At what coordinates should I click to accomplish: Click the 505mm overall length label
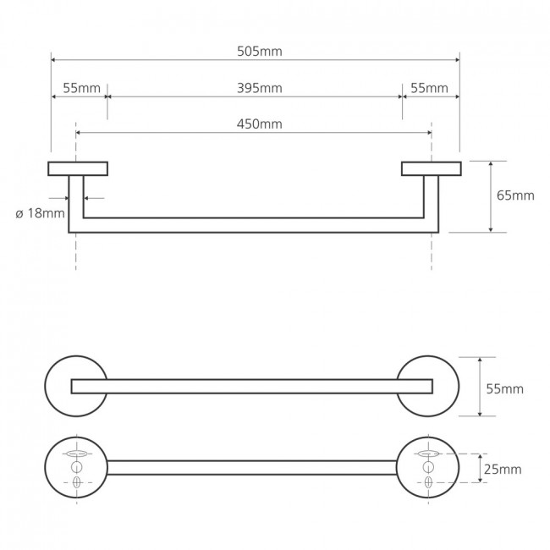[x=260, y=52]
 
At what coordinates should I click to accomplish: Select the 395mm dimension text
[x=260, y=88]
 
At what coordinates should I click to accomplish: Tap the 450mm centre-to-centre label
[x=260, y=124]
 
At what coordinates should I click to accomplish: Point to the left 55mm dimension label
[x=82, y=88]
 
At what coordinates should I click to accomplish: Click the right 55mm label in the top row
[x=429, y=88]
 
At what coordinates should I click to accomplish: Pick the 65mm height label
[x=515, y=195]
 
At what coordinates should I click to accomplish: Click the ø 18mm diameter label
[x=40, y=213]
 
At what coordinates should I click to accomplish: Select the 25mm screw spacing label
[x=503, y=470]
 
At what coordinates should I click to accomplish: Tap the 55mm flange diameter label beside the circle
[x=505, y=389]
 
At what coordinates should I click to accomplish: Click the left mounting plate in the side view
[x=78, y=168]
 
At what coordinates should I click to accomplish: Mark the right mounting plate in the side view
[x=432, y=168]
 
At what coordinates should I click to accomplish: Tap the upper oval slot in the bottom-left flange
[x=77, y=454]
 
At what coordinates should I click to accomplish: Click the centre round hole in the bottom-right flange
[x=428, y=467]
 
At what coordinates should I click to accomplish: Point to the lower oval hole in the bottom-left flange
[x=77, y=482]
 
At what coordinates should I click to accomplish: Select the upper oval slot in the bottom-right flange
[x=428, y=454]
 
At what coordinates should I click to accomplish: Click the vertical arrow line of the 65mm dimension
[x=491, y=197]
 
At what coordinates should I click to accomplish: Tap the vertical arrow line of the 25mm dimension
[x=481, y=468]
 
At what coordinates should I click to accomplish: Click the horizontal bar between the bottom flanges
[x=252, y=468]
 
